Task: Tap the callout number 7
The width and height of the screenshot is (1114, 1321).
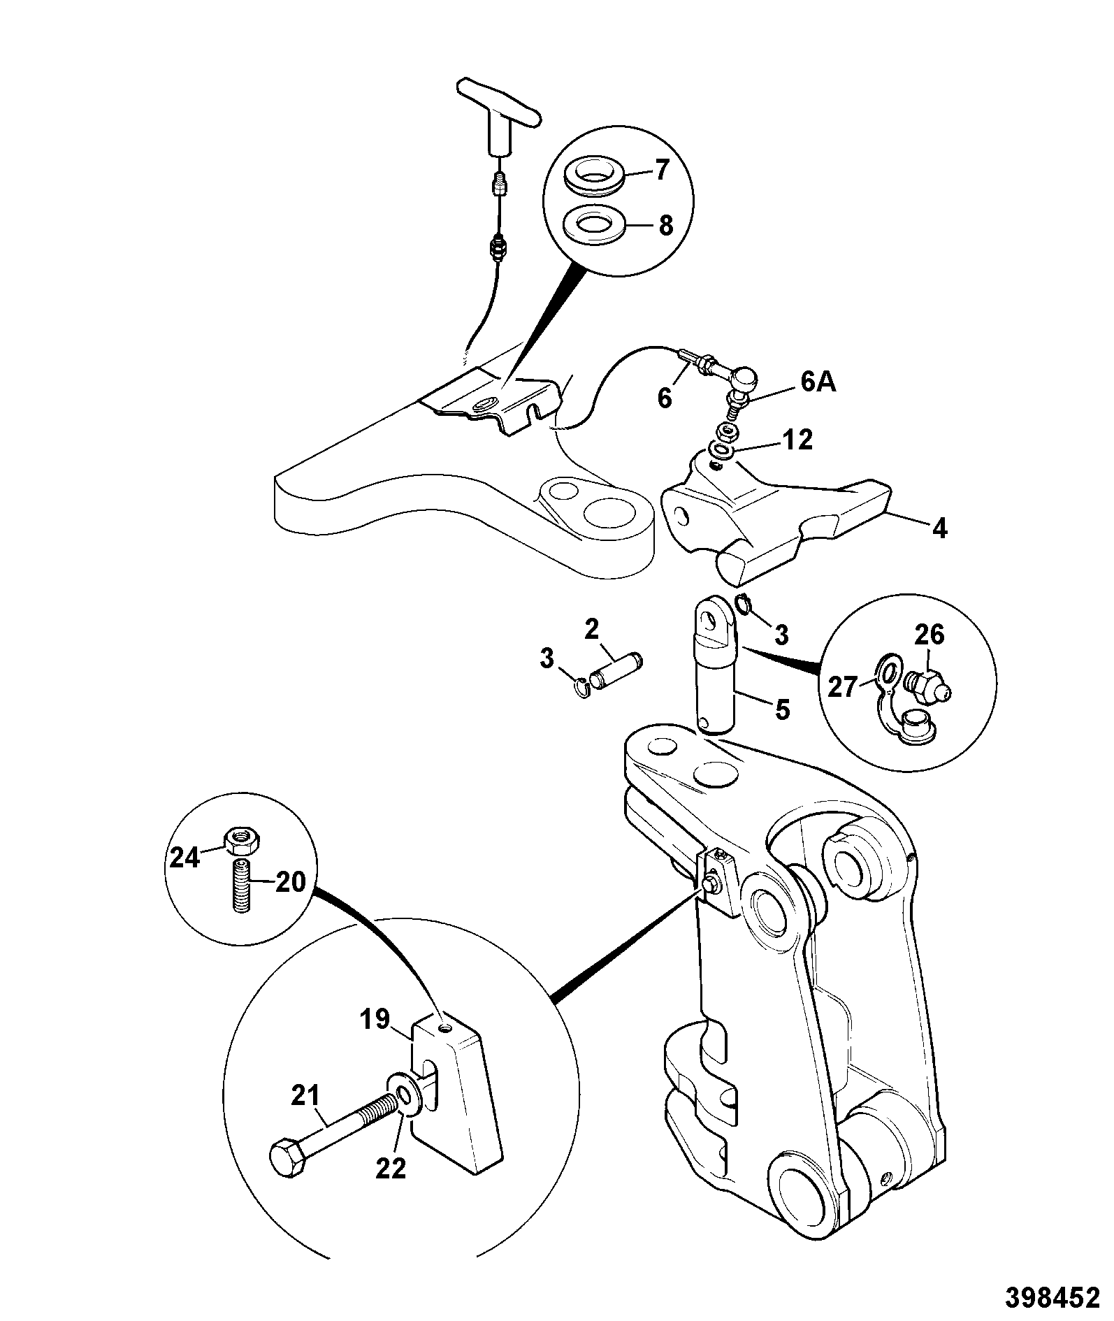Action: point(660,169)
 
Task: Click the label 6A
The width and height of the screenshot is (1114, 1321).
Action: point(818,384)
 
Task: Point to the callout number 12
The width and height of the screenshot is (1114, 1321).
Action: point(799,440)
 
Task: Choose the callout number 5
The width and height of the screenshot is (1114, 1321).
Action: point(782,710)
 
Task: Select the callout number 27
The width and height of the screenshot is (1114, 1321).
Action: point(842,687)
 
